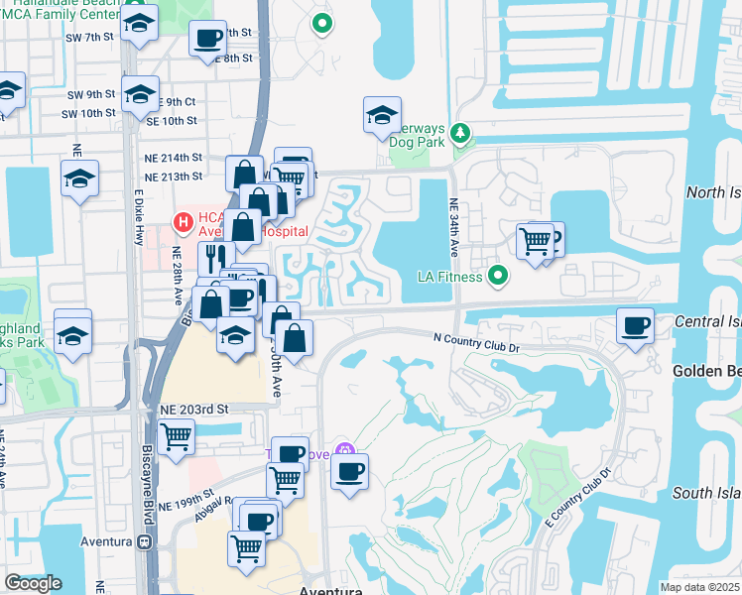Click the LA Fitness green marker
[498, 276]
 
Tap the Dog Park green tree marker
[460, 132]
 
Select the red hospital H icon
[183, 219]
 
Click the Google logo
[33, 583]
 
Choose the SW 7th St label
[91, 37]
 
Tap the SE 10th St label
[172, 121]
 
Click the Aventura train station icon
[145, 542]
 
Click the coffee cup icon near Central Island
[635, 325]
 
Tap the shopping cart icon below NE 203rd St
[176, 434]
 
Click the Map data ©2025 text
[699, 587]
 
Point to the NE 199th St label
[185, 498]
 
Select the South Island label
[705, 493]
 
